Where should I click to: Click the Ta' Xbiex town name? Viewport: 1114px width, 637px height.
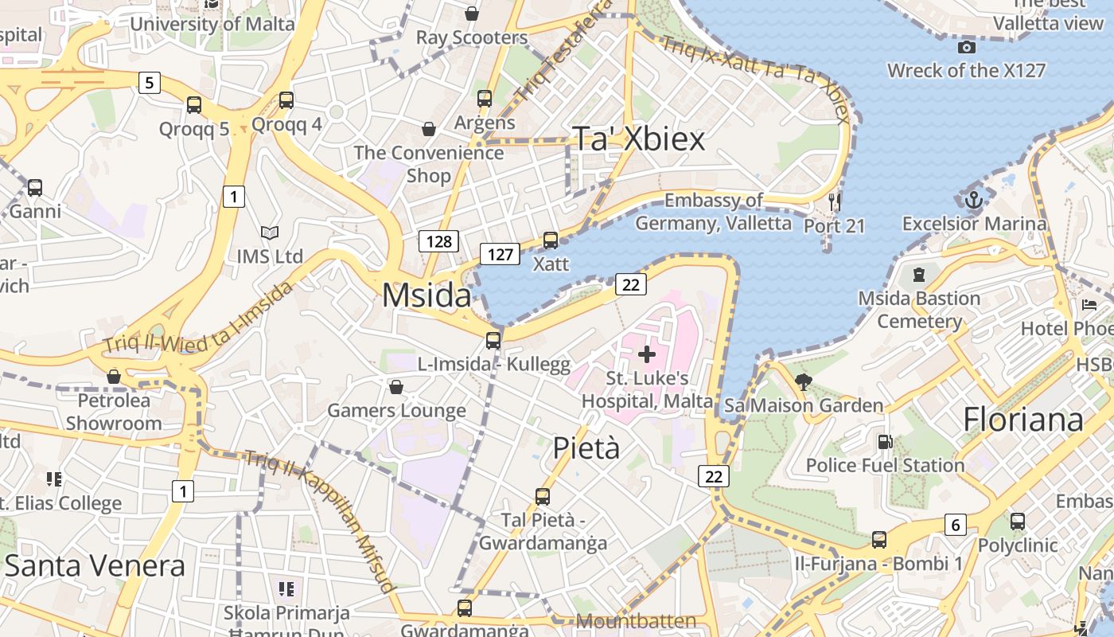pos(639,139)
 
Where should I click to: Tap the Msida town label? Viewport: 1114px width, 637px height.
pos(427,295)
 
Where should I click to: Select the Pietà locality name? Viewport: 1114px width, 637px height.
pos(586,448)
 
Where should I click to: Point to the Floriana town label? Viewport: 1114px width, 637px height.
pos(1023,420)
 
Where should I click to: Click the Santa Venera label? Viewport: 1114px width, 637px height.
pos(95,566)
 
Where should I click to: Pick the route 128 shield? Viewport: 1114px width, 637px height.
pos(439,241)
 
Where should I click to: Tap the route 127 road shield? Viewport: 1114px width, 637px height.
pos(500,254)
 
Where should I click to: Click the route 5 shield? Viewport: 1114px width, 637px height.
pos(149,82)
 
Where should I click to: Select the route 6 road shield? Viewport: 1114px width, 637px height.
pos(956,525)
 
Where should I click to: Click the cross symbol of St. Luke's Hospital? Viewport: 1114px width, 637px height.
pos(647,354)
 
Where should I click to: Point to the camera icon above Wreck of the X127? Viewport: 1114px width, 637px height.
pos(966,47)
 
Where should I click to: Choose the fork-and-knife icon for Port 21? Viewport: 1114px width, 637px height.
pos(834,201)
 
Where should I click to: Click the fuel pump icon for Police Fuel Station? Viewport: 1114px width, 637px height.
pos(885,441)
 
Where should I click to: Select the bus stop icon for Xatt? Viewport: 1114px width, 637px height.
pos(551,240)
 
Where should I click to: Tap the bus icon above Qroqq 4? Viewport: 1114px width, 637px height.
pos(286,100)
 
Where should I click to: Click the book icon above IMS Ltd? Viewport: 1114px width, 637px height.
pos(270,233)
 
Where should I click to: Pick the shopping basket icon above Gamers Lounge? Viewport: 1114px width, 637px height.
pos(396,387)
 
